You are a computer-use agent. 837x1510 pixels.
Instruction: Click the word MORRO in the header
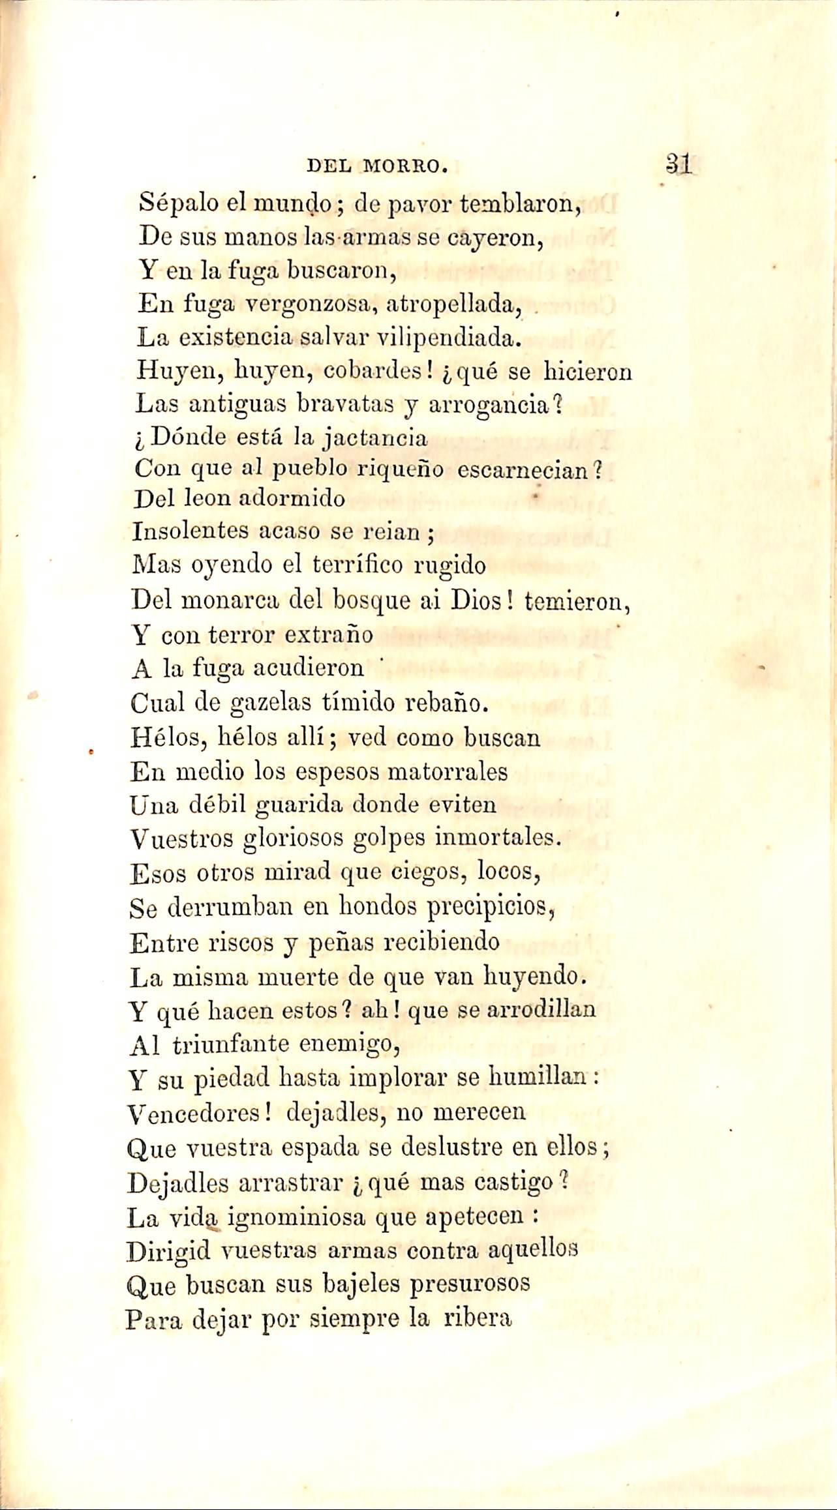[404, 167]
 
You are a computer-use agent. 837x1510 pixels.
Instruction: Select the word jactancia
[375, 437]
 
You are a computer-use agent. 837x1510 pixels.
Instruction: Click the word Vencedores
[200, 1112]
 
